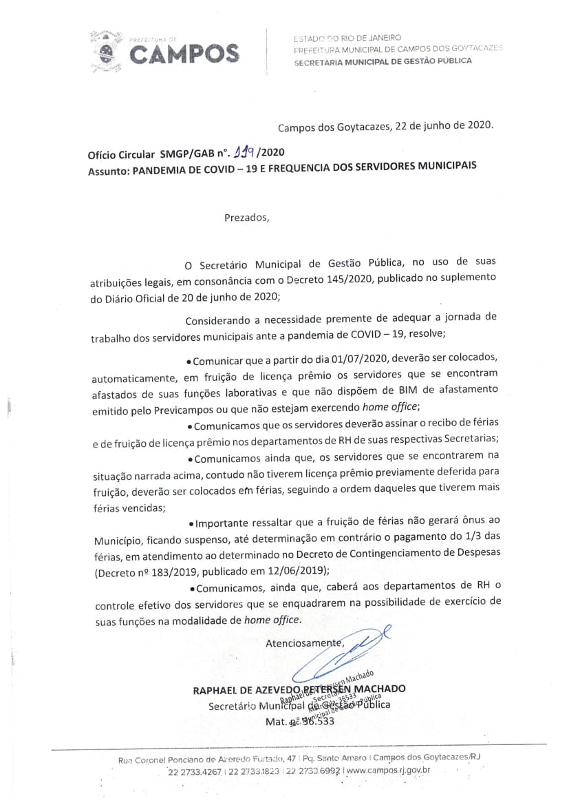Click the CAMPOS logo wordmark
184,54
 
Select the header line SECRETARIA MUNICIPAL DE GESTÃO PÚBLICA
383,61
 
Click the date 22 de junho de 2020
440,127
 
